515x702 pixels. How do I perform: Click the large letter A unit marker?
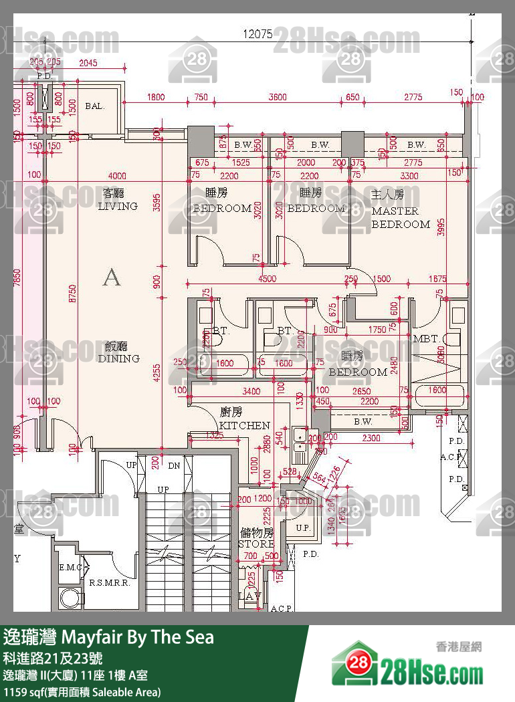[x=112, y=277]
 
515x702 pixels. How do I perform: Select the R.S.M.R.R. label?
[x=108, y=582]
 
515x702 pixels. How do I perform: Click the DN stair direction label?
[x=174, y=466]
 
